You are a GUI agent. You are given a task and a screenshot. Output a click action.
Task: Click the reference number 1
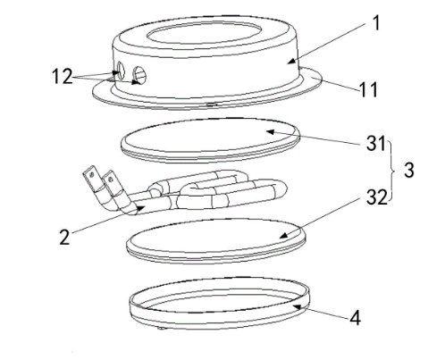(x=377, y=23)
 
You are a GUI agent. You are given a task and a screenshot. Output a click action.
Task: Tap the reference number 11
(x=368, y=89)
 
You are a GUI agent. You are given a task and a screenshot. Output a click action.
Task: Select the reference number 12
(x=63, y=76)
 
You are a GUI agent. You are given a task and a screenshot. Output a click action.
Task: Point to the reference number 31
(x=376, y=144)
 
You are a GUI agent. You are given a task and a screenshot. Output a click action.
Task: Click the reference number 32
(x=376, y=197)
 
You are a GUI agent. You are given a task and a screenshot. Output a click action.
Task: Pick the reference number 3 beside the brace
(x=408, y=171)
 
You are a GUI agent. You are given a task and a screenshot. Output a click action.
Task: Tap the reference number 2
(x=64, y=238)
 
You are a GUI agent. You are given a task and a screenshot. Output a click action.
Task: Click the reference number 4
(x=355, y=317)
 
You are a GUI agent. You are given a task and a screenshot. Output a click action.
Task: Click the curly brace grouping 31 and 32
(x=392, y=171)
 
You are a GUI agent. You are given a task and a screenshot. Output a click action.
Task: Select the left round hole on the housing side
(x=121, y=71)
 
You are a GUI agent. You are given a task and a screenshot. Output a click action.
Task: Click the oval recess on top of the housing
(x=204, y=33)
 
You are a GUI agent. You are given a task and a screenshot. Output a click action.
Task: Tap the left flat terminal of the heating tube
(x=91, y=178)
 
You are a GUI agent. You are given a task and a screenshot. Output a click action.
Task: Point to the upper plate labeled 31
(x=210, y=140)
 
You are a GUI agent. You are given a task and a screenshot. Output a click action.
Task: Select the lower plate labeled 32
(x=216, y=240)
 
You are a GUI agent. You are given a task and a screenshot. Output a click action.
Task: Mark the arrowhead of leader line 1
(x=290, y=62)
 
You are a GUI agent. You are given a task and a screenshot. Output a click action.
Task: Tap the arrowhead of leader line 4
(x=297, y=306)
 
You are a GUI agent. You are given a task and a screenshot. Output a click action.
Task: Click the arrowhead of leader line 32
(x=283, y=236)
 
